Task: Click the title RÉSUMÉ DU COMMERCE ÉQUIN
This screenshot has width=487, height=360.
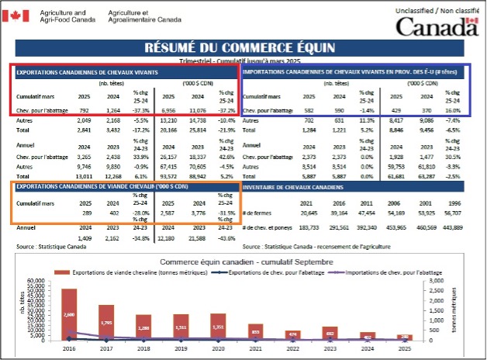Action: point(243,48)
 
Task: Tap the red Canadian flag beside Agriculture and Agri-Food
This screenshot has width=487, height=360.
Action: point(19,16)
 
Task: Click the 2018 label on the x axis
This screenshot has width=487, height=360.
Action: point(143,350)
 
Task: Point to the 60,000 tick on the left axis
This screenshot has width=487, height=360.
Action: point(37,281)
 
